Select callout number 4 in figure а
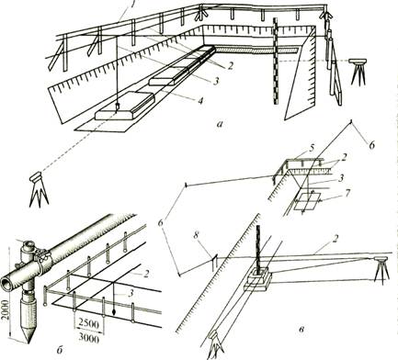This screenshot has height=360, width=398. coord(200,100)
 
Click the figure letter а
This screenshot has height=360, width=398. coord(219,124)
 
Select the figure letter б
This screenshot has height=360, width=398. coord(60,349)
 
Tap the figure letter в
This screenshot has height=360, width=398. coord(301,330)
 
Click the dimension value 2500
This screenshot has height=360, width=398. coord(89,323)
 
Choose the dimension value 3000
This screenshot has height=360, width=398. coord(89,338)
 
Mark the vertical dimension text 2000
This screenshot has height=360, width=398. coord(6,309)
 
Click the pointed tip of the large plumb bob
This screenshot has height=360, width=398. coord(28,343)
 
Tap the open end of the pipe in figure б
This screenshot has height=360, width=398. coord(7,280)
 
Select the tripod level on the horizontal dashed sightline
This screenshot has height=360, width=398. coord(358,71)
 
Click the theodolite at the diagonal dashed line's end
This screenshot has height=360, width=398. coord(39,189)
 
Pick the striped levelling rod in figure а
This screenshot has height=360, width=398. coord(276,62)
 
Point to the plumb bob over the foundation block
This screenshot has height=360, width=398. coord(117,107)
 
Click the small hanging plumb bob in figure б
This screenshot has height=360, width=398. coord(114,312)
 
